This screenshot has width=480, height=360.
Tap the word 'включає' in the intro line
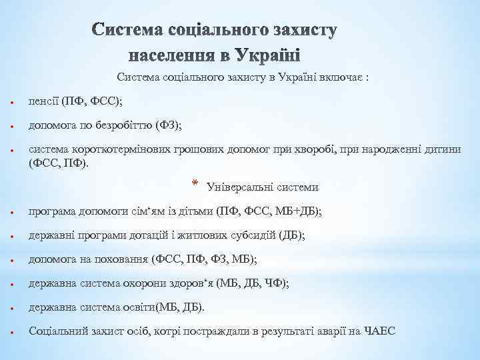(x=339, y=78)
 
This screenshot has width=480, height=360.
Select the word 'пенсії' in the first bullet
(x=42, y=102)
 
